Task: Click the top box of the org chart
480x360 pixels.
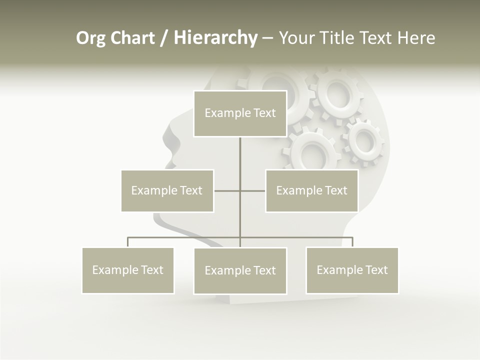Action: point(240,113)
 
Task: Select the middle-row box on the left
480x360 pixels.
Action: point(167,190)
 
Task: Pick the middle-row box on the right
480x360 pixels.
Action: point(311,190)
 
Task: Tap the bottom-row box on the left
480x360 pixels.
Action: point(128,270)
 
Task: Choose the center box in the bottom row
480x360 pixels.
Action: point(240,271)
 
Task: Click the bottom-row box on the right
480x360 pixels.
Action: point(352,270)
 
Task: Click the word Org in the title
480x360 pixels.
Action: point(90,38)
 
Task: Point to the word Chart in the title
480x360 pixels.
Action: point(132,38)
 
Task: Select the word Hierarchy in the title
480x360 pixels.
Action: point(215,38)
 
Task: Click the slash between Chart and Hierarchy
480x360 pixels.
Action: point(164,38)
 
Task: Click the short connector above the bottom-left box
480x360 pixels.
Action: point(128,242)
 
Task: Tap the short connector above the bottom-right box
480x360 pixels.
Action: point(352,242)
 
